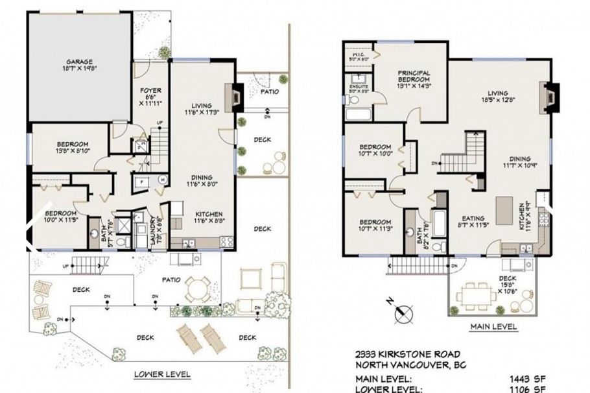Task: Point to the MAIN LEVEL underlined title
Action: tap(493, 327)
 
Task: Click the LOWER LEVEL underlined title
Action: tap(162, 374)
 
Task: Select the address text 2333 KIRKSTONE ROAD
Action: tap(408, 354)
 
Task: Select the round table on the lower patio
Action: tap(196, 285)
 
